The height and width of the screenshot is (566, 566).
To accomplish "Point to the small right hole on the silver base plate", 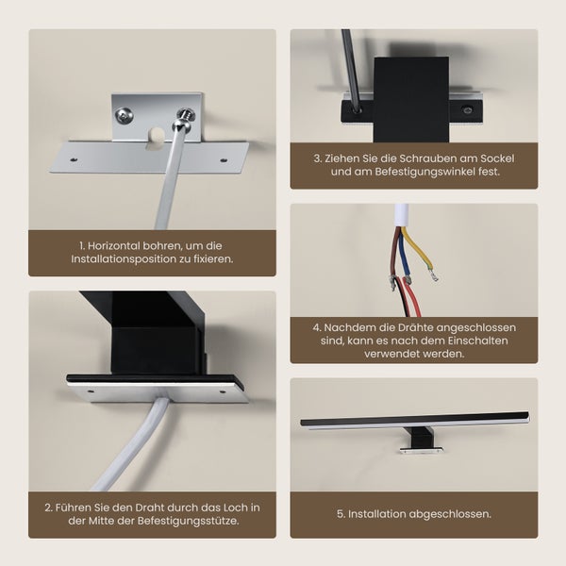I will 224,159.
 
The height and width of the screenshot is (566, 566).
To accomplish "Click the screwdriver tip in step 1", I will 178,125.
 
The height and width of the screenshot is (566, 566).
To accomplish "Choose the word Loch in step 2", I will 236,507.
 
